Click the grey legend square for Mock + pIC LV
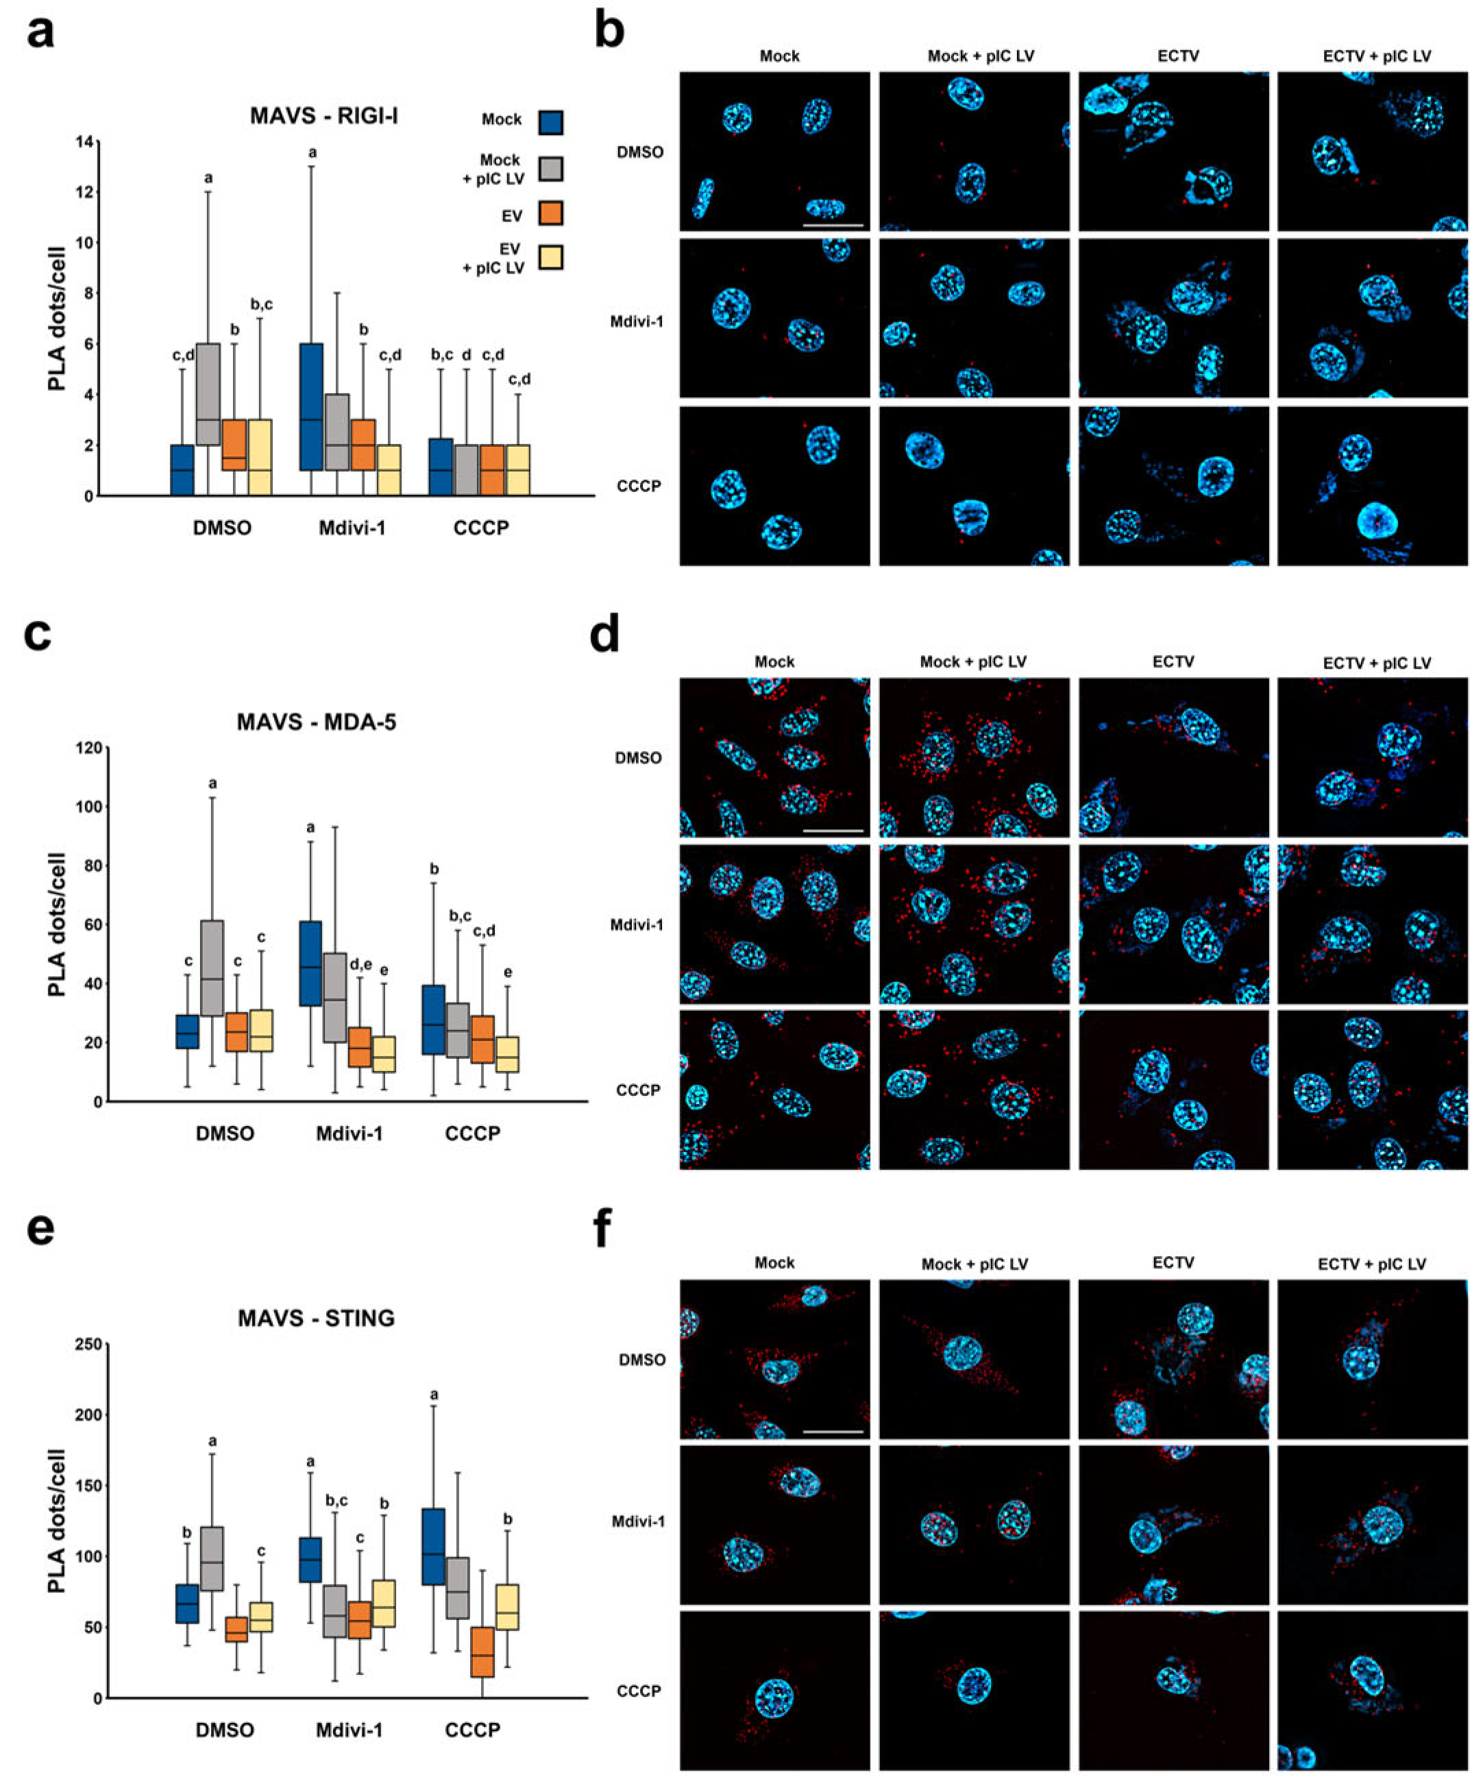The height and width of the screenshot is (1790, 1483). [550, 168]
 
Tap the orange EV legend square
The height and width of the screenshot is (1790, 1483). [550, 213]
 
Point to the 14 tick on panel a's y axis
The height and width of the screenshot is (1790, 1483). [84, 141]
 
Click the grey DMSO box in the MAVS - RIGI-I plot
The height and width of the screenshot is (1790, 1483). [208, 394]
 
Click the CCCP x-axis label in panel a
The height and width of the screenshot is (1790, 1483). [480, 528]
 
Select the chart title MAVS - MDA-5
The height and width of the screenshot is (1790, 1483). [316, 722]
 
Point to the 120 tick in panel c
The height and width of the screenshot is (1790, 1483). [88, 748]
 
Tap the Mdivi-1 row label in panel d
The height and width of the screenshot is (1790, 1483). [636, 924]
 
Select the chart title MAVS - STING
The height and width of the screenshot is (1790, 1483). [316, 1318]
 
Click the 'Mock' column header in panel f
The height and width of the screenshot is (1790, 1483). [774, 1262]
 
